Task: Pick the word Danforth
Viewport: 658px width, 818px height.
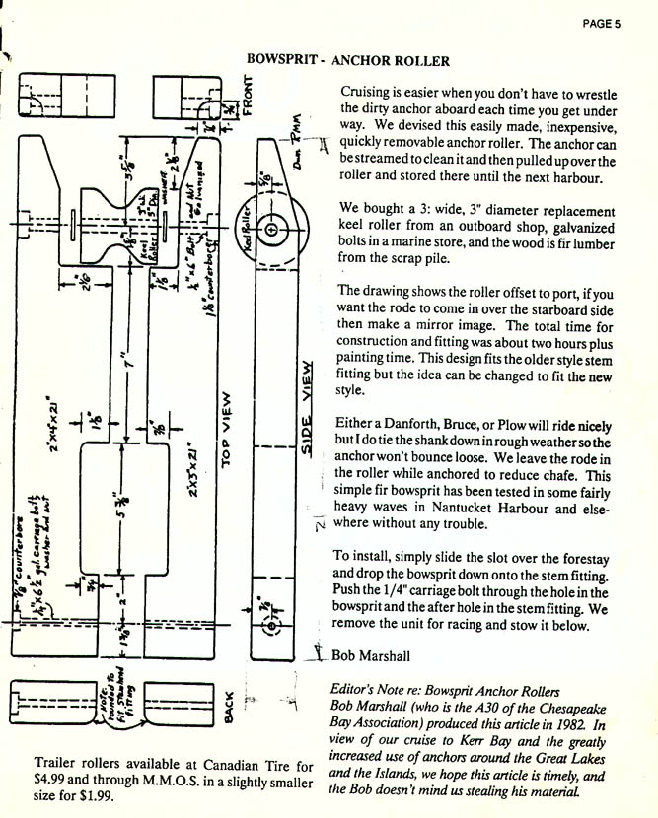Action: [405, 423]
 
